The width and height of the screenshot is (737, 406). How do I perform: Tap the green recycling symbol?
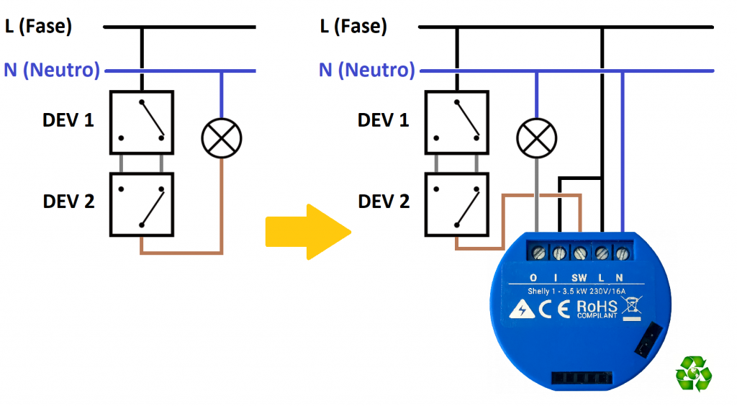tap(693, 374)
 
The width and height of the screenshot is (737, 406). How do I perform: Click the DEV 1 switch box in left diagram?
tap(142, 122)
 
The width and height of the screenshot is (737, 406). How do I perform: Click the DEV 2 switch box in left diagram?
tap(142, 204)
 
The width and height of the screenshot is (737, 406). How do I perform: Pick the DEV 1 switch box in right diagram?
tap(456, 122)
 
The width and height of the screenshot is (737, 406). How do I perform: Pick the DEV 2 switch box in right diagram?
tap(456, 204)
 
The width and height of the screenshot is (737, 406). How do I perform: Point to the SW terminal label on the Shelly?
tap(579, 277)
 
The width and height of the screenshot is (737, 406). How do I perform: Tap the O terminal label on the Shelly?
tap(533, 277)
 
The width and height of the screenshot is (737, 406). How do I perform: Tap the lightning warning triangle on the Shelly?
tap(518, 310)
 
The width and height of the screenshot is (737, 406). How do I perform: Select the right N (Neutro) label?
tap(367, 71)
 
